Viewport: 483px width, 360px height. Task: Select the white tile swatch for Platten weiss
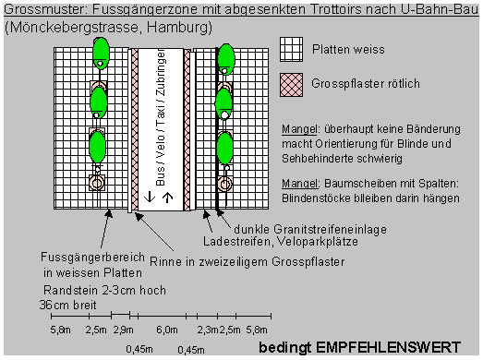293,49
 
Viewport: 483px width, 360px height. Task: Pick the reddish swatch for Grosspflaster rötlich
293,82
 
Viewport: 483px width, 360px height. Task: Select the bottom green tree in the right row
223,145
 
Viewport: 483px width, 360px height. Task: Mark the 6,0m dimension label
166,329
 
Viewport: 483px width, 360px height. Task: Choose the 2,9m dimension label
123,329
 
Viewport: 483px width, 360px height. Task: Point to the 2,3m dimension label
207,329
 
